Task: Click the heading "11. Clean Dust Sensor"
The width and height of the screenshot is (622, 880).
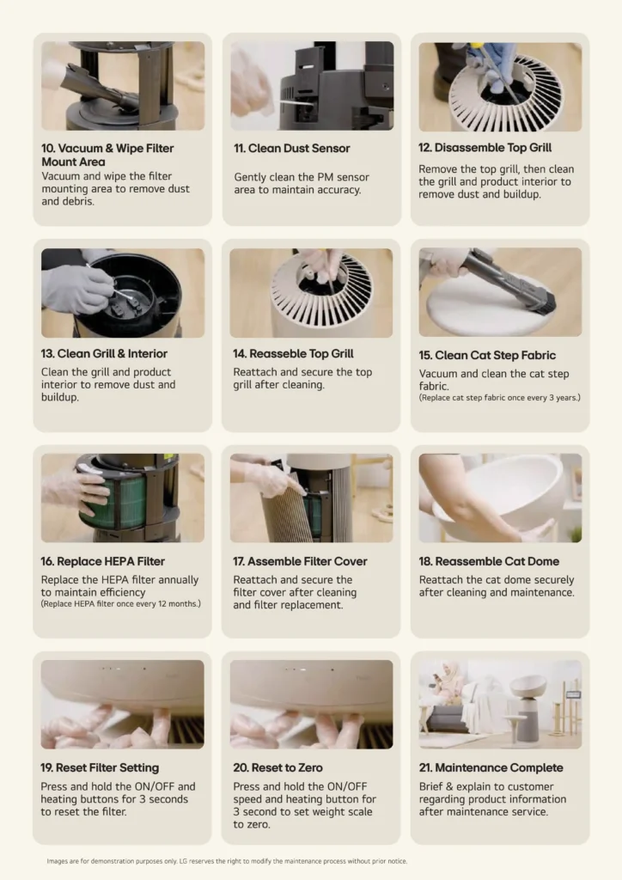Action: (x=291, y=148)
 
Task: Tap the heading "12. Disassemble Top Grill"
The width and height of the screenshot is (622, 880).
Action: (x=485, y=148)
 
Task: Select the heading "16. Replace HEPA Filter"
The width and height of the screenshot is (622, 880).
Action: (x=102, y=561)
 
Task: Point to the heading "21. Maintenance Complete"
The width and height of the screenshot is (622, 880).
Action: (x=491, y=767)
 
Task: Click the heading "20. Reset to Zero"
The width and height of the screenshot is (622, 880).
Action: (x=277, y=767)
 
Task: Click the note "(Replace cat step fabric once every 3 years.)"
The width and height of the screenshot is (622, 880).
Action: (x=500, y=397)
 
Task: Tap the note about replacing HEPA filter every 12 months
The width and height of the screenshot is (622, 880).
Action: (x=120, y=604)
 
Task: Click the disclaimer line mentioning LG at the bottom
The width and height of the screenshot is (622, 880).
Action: (x=227, y=861)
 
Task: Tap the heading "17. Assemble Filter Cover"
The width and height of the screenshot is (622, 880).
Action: (x=300, y=561)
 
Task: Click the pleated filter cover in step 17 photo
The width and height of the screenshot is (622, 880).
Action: (x=290, y=514)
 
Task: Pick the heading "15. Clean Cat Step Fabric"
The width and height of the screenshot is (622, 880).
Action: (x=487, y=355)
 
